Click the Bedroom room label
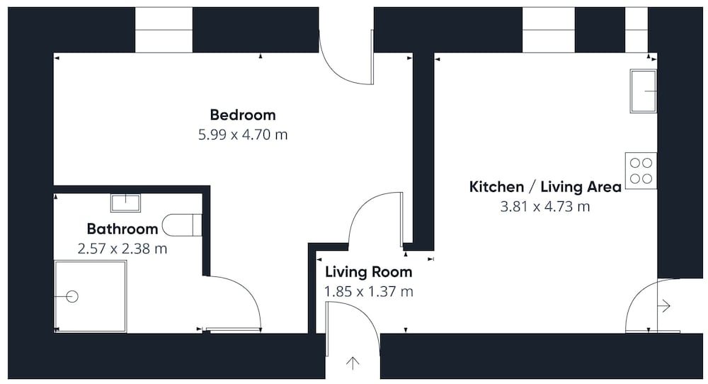[x=243, y=115]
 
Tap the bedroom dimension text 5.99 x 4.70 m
[x=243, y=135]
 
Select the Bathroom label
[x=122, y=229]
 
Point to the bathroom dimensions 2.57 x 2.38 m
[x=122, y=249]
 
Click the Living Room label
[x=368, y=272]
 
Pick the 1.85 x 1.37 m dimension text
[x=368, y=291]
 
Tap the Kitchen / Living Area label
[x=545, y=186]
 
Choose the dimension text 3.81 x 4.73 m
[x=545, y=206]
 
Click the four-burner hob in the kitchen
[x=641, y=171]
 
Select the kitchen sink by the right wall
[x=644, y=91]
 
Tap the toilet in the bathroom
[x=181, y=225]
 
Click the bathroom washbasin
[x=125, y=203]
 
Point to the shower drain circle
[x=72, y=296]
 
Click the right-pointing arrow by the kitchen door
[x=664, y=306]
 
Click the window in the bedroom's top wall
[x=164, y=30]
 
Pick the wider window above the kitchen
[x=549, y=30]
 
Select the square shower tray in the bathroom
[x=91, y=296]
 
